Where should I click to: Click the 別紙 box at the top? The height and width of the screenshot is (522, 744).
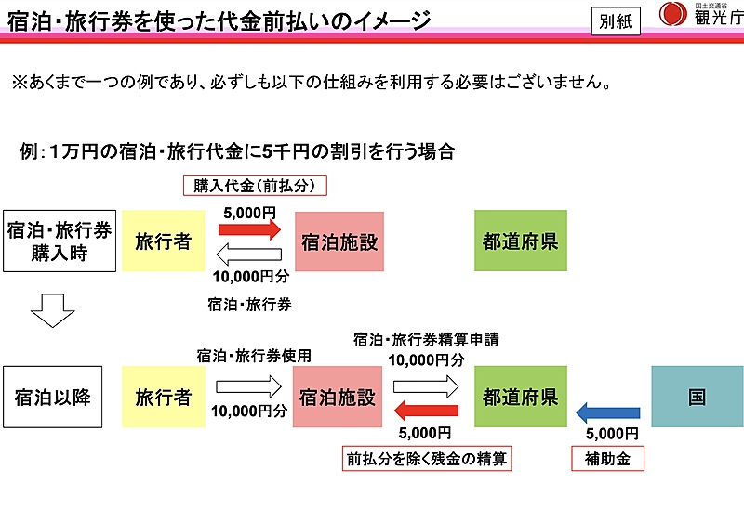pos(616,21)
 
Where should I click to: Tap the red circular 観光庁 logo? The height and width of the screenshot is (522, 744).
pos(672,14)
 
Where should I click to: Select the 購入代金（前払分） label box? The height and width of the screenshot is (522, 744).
pos(255,185)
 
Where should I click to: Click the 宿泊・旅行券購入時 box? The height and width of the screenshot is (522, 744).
pos(60,241)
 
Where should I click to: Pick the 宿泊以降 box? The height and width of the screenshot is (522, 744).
pos(53,397)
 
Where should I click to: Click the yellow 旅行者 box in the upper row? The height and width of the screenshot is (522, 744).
pos(164,241)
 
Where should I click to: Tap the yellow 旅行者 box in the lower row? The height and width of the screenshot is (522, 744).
pos(164,397)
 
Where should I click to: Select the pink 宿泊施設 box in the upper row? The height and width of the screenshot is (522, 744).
pos(339,241)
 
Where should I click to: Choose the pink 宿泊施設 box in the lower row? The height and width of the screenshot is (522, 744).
pos(338,397)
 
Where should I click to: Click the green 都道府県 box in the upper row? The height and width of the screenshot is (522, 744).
pos(521,241)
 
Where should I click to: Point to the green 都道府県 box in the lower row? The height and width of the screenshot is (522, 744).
pos(521,397)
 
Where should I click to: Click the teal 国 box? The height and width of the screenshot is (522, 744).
pos(697,397)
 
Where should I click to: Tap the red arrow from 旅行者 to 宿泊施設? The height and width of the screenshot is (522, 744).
pos(249,229)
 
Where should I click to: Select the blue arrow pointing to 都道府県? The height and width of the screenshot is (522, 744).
pos(608,412)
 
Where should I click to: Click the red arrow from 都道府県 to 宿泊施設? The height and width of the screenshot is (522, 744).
pos(426,411)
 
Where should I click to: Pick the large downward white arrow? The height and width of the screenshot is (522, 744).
pos(53,311)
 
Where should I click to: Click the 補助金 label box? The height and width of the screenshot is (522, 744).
pos(607,459)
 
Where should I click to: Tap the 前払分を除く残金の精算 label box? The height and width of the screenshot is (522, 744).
pos(427,459)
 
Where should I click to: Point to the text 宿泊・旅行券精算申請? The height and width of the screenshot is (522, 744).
pos(426,340)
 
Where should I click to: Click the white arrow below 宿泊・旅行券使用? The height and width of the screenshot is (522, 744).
pos(249,386)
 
